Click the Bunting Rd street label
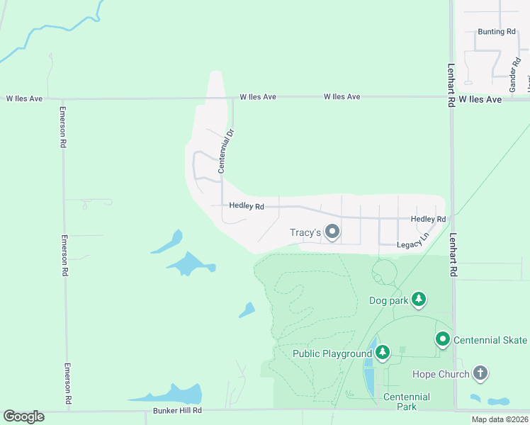(x=496, y=32)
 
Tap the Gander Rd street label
(x=514, y=79)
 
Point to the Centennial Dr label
(x=225, y=151)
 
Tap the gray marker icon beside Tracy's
(x=331, y=232)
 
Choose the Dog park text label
(x=389, y=300)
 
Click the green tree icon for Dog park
(x=419, y=300)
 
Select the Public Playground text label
(x=332, y=353)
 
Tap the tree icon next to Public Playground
(x=383, y=352)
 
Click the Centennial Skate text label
(x=490, y=340)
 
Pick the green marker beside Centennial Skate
(x=443, y=340)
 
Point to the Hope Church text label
(x=441, y=374)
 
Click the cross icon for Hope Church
(x=480, y=373)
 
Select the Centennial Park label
(x=406, y=402)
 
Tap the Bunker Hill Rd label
(x=177, y=410)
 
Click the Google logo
(x=23, y=416)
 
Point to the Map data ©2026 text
(x=499, y=419)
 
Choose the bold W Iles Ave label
(x=480, y=100)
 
